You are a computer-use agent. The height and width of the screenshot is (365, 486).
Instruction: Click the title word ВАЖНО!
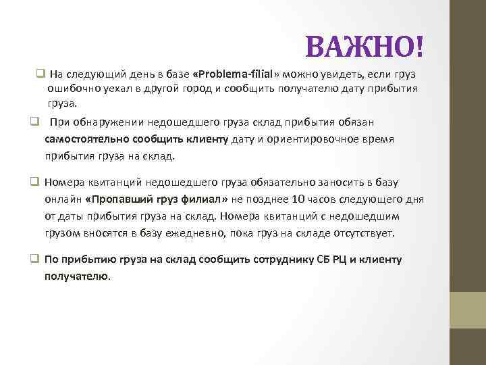(367, 47)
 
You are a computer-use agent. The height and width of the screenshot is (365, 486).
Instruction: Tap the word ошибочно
(72, 89)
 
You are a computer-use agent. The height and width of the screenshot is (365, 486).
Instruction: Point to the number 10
(299, 199)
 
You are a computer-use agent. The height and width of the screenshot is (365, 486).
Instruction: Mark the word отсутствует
(362, 233)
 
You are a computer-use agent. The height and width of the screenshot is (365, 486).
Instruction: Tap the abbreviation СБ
(327, 260)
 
